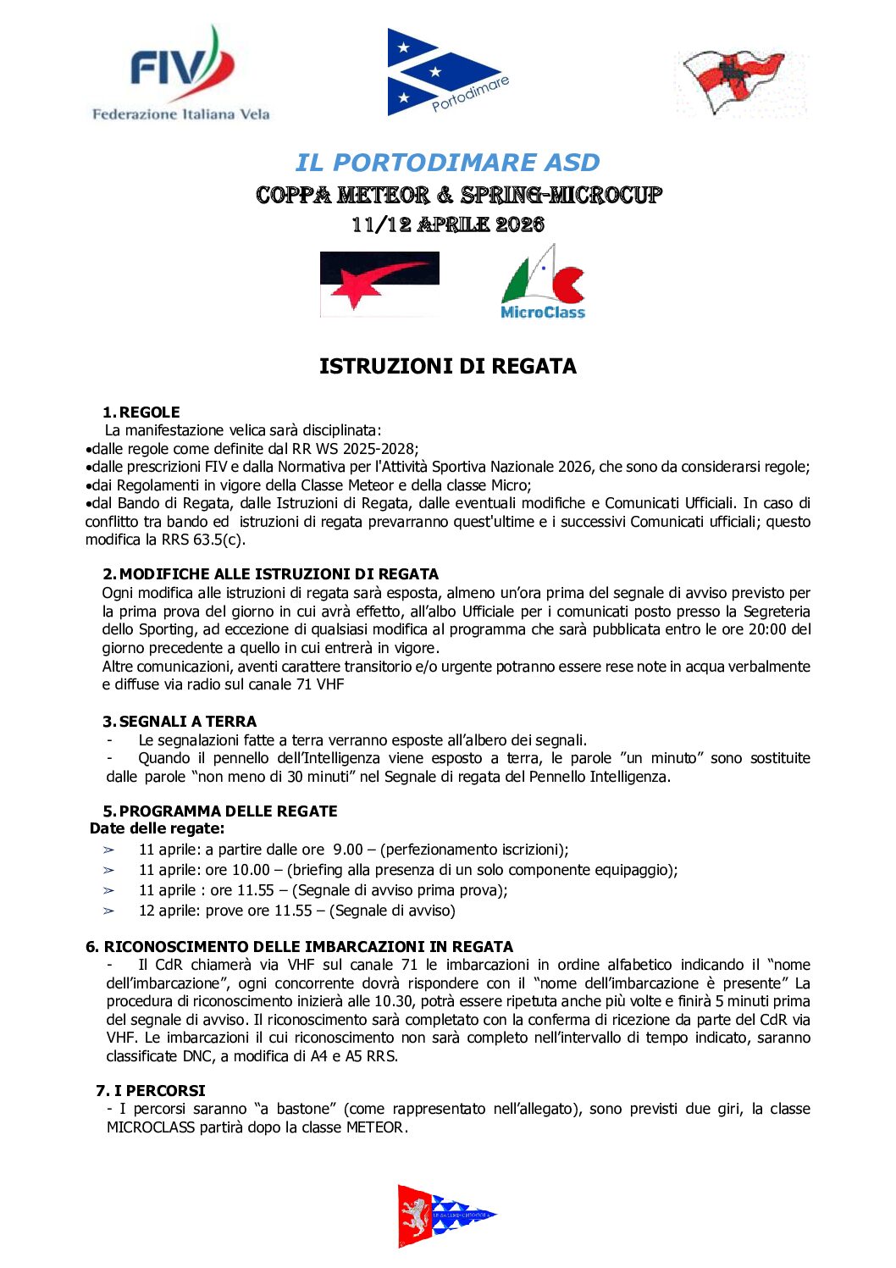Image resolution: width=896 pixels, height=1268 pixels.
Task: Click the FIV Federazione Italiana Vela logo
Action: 180,75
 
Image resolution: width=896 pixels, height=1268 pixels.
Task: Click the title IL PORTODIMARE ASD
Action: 447,162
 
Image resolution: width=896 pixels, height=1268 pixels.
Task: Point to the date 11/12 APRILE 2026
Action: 447,224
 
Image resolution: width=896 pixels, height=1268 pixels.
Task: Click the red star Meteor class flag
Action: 379,284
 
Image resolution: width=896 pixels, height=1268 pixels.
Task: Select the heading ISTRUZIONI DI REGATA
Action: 447,366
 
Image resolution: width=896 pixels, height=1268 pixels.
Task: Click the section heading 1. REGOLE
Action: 141,413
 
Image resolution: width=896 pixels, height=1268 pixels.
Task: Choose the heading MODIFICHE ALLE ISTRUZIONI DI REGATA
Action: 279,574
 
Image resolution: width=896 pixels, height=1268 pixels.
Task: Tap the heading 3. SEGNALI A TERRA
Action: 180,722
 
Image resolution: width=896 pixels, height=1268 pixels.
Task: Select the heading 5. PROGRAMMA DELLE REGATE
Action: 220,811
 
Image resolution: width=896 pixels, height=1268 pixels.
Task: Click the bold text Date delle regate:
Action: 158,828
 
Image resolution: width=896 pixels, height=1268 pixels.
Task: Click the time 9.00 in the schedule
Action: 347,850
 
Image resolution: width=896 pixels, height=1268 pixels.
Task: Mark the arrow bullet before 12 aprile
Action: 108,911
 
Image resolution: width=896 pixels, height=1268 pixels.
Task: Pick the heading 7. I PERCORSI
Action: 151,1091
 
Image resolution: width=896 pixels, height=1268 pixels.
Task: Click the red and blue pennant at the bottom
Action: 444,1215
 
